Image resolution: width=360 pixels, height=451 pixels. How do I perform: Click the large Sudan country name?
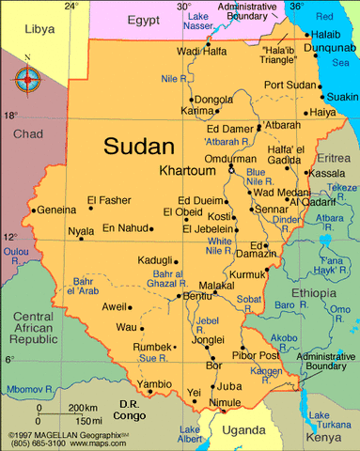pos(139,147)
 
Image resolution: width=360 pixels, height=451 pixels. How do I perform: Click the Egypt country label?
pos(144,19)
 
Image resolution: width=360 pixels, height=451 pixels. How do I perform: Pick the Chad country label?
pos(28,134)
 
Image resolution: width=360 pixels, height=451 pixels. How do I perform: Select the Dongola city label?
pos(213,99)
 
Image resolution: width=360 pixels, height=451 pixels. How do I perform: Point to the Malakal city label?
pos(216,285)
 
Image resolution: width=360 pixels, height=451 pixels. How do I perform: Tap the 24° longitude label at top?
pos(71,6)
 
